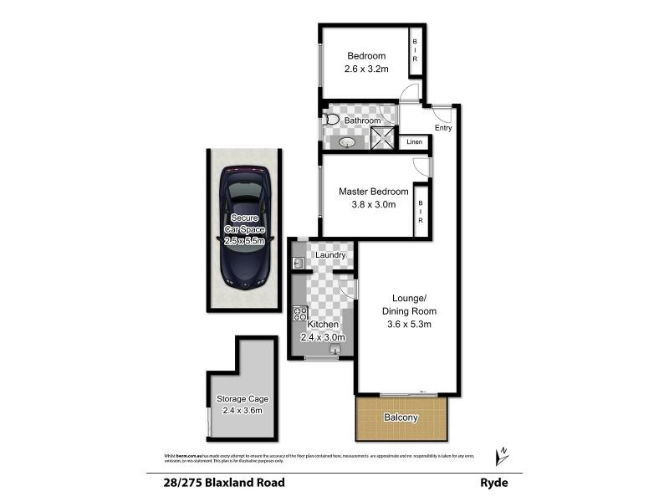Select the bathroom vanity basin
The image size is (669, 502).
pyautogui.click(x=348, y=143)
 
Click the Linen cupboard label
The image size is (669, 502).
pyautogui.click(x=415, y=143)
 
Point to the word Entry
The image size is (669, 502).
pyautogui.click(x=443, y=128)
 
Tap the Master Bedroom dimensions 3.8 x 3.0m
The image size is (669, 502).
pyautogui.click(x=366, y=204)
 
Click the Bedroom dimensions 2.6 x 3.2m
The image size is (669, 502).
pyautogui.click(x=367, y=69)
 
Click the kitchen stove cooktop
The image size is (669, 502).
pyautogui.click(x=299, y=315)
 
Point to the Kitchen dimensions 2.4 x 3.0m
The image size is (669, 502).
pyautogui.click(x=322, y=337)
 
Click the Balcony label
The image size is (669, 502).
pyautogui.click(x=401, y=417)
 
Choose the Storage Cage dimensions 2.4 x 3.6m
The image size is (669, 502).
pyautogui.click(x=240, y=410)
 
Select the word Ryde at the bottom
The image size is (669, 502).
pyautogui.click(x=493, y=483)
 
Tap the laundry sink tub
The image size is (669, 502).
pyautogui.click(x=298, y=264)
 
